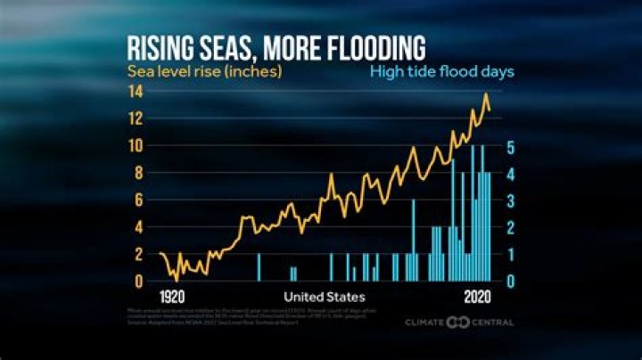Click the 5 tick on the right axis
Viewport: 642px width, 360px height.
[509, 147]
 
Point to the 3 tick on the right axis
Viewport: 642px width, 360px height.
[509, 200]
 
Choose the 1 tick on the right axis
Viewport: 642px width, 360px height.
[509, 255]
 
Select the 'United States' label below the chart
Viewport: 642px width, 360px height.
[325, 296]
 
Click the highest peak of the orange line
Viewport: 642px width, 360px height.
[486, 94]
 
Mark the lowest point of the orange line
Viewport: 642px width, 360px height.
[177, 280]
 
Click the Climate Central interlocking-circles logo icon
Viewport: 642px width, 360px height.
[457, 322]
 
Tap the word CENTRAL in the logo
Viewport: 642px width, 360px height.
[492, 322]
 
